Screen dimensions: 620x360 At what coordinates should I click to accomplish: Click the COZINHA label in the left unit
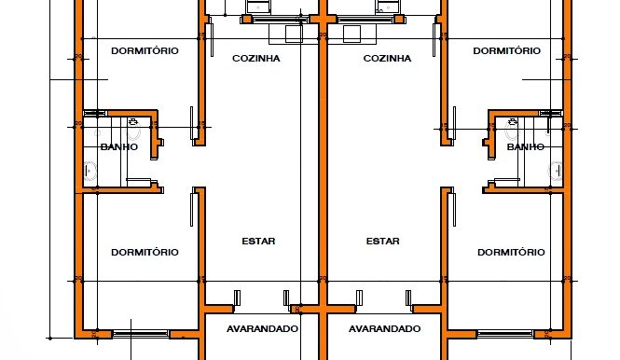coord(255,59)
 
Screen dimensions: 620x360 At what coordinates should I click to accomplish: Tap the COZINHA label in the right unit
coord(387,59)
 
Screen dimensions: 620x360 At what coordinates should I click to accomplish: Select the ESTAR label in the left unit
coord(258,241)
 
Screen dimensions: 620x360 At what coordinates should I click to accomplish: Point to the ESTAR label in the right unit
coord(383,241)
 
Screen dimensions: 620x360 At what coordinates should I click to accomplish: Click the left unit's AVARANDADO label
coord(262,328)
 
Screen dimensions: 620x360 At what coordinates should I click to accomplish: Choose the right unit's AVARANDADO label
coord(384,328)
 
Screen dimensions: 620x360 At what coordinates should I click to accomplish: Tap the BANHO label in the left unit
coord(119,146)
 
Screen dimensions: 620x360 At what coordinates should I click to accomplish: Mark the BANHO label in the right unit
coord(526,146)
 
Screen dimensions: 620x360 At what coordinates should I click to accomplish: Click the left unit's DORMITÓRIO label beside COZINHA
coord(145,51)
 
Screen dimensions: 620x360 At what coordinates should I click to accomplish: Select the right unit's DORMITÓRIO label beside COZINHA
coord(507,51)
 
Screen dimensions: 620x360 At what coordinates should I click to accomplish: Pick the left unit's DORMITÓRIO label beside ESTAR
coord(145,253)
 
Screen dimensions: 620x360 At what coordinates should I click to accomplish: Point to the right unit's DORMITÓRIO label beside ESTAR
coord(511,253)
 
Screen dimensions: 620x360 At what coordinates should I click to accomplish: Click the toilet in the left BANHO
coord(133,128)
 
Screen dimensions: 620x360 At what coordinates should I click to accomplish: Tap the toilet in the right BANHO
coord(512,128)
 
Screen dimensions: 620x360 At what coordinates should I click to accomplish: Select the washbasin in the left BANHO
coord(90,172)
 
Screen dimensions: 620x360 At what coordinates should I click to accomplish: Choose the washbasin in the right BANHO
coord(556,172)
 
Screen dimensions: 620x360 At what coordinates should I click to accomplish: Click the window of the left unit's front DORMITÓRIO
coord(141,334)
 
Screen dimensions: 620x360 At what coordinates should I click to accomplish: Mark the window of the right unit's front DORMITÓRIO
coord(505,334)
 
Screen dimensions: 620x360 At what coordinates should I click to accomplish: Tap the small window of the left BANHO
coord(96,114)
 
